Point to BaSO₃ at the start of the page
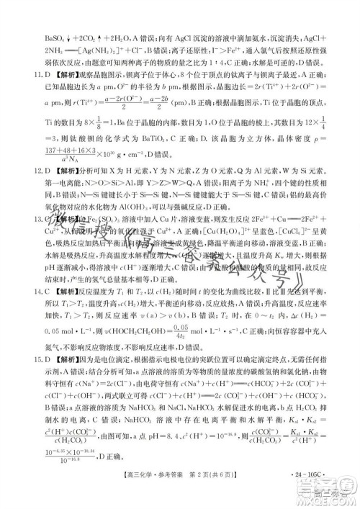37,14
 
